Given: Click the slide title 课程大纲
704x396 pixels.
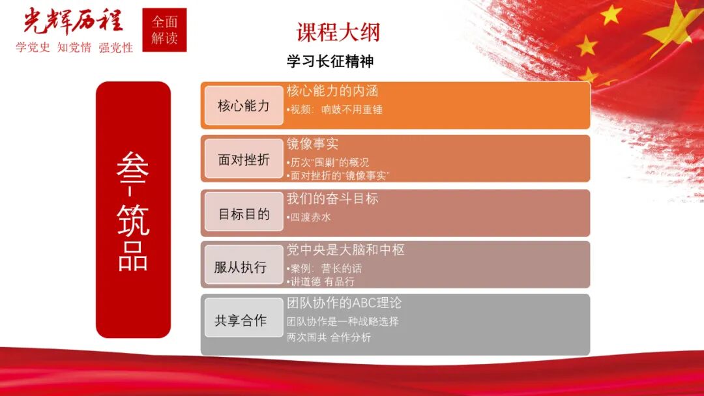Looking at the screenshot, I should pos(338,32).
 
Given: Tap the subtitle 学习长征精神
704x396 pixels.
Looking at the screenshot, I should pos(330,61).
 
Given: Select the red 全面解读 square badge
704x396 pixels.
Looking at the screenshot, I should pos(164,30).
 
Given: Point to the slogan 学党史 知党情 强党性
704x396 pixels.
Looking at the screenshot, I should pos(74,48).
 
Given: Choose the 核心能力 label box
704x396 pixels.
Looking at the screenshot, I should pos(243,106).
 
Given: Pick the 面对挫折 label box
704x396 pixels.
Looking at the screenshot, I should pos(243,160).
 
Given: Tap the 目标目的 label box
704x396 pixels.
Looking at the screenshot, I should pos(243,213).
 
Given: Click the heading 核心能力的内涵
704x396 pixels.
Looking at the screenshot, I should pos(332,91).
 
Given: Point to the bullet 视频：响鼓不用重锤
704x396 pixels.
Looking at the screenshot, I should pos(335,109).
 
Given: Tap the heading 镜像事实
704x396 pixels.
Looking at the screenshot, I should pos(313,144).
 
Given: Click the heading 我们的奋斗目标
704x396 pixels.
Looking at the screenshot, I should pos(332,199).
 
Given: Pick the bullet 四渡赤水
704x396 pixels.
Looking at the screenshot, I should pos(309,217).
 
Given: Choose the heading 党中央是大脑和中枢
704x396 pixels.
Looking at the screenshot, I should pos(345,250).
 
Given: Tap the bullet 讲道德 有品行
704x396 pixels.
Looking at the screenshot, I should pos(321,281).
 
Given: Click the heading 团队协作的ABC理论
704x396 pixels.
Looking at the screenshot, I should pos(344,303).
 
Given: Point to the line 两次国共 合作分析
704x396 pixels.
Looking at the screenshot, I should pos(329,337).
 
